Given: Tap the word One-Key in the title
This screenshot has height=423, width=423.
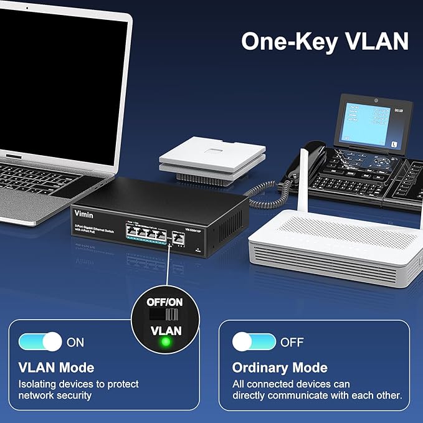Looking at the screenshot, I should pyautogui.click(x=285, y=41).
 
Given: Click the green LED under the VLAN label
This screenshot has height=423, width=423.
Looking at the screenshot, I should pyautogui.click(x=166, y=343).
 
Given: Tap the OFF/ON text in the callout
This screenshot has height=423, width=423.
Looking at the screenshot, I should pyautogui.click(x=165, y=301).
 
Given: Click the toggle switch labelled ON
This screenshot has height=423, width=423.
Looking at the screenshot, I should pyautogui.click(x=40, y=341).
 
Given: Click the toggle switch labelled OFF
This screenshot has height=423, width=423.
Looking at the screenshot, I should pyautogui.click(x=254, y=341).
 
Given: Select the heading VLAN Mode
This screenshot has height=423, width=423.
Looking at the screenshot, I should pyautogui.click(x=56, y=367).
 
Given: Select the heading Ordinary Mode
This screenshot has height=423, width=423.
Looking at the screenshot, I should pyautogui.click(x=280, y=367).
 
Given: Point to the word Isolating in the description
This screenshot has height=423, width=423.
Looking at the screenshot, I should pyautogui.click(x=39, y=384).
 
